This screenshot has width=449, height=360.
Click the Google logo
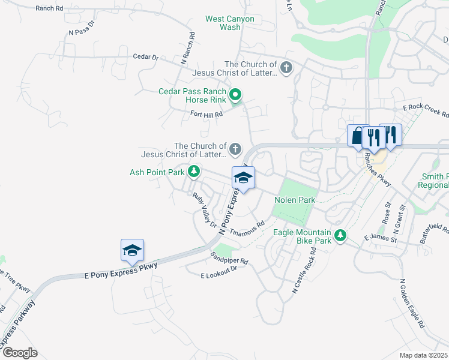point(19,353)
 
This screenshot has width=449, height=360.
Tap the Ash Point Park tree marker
point(194,172)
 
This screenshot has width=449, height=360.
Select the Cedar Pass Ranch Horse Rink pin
point(236,95)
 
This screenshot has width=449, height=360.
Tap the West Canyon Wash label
point(230,23)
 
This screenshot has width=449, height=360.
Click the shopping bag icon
point(358,136)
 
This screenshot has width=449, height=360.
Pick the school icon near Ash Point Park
point(243,178)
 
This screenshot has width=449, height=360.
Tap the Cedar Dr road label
point(146,58)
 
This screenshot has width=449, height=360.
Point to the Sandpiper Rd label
point(229,261)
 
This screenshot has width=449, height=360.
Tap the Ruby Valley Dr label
point(205,210)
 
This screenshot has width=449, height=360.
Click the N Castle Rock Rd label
point(304,273)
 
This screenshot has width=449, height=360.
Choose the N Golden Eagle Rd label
point(412,304)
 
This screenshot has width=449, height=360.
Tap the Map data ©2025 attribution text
point(423,355)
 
